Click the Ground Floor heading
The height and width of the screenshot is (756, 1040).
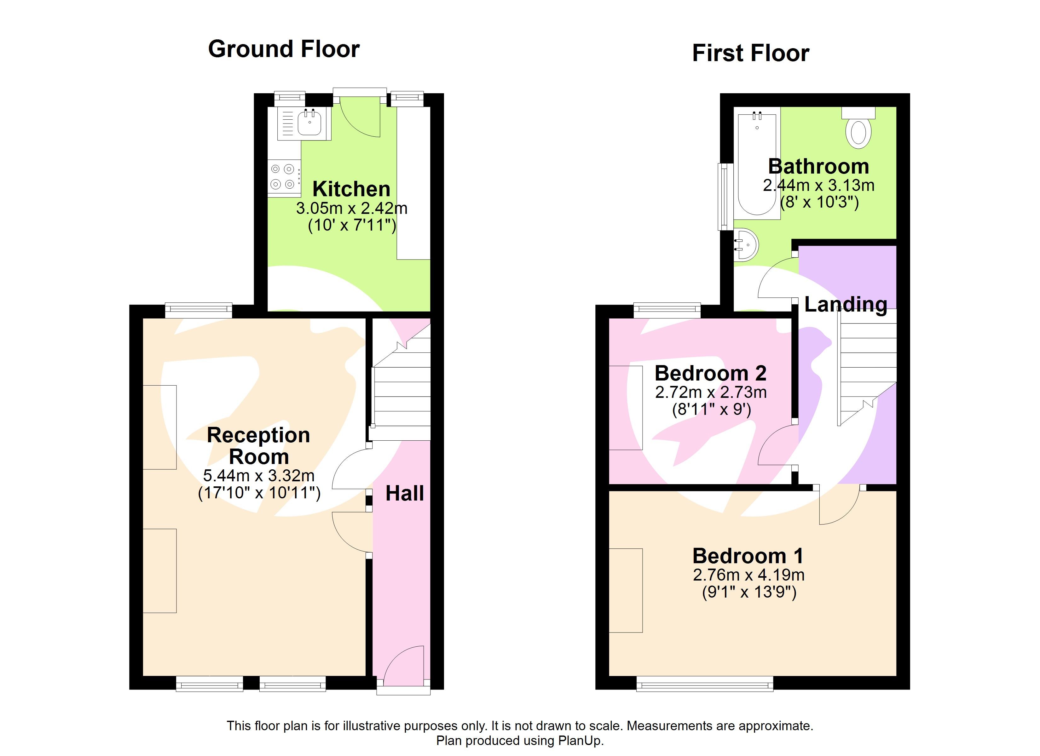pos(284,49)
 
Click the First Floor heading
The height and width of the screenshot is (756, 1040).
pos(751,53)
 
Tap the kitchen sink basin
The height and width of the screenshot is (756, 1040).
pos(309,123)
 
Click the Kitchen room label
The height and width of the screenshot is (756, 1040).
pos(351,189)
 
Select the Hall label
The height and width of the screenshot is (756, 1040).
pos(404,494)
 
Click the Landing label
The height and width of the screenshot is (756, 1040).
pos(846,305)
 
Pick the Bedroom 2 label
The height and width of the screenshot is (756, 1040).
pos(710,373)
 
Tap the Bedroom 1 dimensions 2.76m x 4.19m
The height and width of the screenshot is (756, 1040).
pos(749,575)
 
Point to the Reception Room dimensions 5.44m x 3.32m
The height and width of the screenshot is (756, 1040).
pos(259,476)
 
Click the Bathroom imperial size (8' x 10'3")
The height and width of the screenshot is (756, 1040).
pos(819,202)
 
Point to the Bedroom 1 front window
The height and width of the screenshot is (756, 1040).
pos(705,686)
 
